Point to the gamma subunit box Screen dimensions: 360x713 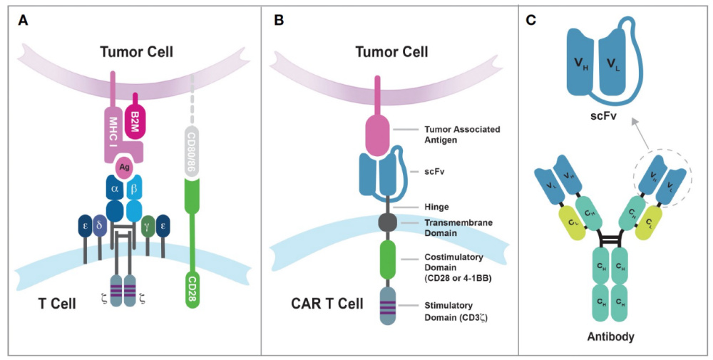(x=148, y=226)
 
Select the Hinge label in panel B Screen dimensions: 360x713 (x=436, y=207)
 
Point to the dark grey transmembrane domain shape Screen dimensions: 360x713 (x=388, y=222)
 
